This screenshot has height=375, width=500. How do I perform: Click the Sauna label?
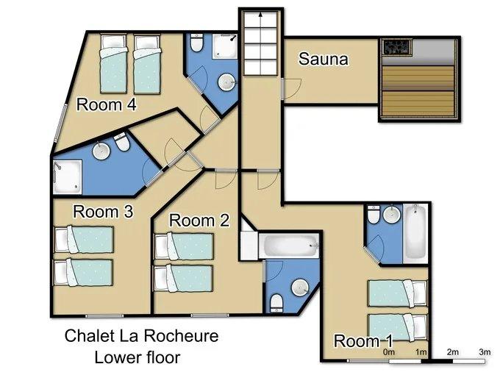pyautogui.click(x=323, y=59)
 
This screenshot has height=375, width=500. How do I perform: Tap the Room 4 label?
pyautogui.click(x=107, y=104)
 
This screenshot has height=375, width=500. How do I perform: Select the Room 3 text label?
pyautogui.click(x=103, y=212)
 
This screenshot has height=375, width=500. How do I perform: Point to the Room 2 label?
pyautogui.click(x=199, y=221)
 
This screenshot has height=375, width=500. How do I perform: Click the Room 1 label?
pyautogui.click(x=363, y=341)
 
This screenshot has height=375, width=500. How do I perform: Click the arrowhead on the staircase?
pyautogui.click(x=260, y=15)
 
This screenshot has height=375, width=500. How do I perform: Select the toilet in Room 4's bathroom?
pyautogui.click(x=196, y=43)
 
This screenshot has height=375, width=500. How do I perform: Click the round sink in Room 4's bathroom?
pyautogui.click(x=226, y=82)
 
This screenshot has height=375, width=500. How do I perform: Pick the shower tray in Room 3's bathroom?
pyautogui.click(x=68, y=176)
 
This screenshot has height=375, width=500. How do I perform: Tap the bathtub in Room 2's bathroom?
pyautogui.click(x=288, y=246)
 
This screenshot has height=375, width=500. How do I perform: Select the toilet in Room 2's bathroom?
pyautogui.click(x=276, y=304)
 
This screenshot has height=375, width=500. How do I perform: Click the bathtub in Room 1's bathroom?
pyautogui.click(x=415, y=231)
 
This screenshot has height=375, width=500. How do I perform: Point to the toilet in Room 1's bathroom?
pyautogui.click(x=373, y=214)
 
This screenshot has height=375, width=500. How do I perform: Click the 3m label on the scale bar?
pyautogui.click(x=485, y=352)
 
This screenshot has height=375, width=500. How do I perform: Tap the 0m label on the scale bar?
pyautogui.click(x=389, y=352)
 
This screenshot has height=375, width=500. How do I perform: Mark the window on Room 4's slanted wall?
pyautogui.click(x=60, y=124)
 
